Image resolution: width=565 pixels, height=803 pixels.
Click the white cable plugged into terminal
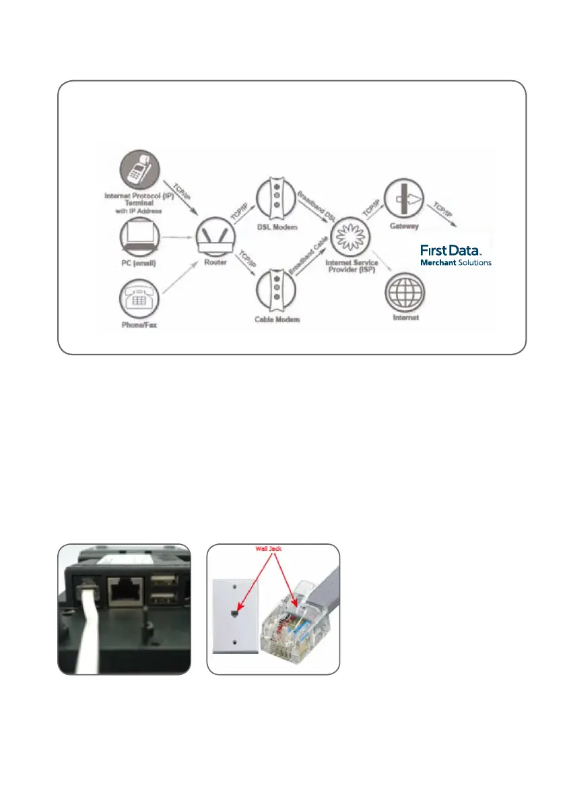(87, 634)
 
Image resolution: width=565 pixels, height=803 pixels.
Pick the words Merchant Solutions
(456, 262)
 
